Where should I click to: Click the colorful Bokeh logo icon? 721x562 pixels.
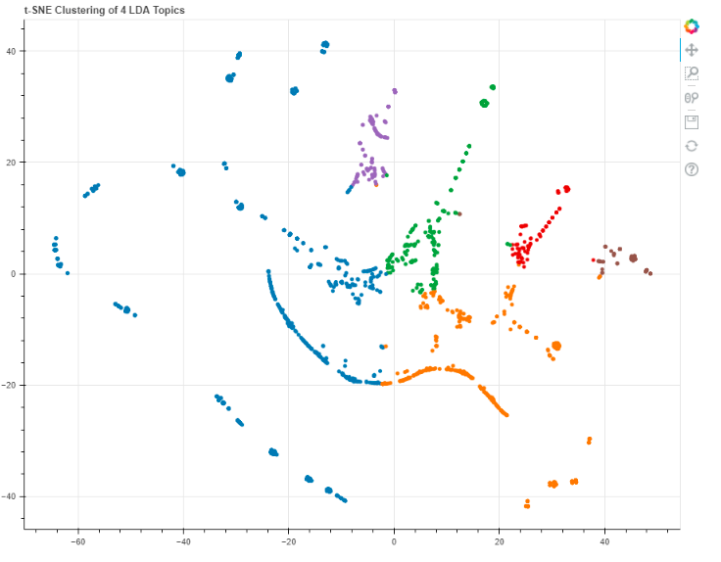[x=692, y=26]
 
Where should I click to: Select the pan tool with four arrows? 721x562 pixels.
[x=692, y=50]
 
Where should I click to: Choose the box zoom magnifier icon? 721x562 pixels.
[x=692, y=73]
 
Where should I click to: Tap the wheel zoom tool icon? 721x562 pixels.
[x=692, y=97]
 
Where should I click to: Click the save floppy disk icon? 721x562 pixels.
[x=692, y=121]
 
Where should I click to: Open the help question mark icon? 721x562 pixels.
[x=692, y=169]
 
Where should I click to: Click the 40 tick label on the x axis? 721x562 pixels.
[x=604, y=539]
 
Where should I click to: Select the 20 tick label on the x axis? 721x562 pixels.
[x=499, y=539]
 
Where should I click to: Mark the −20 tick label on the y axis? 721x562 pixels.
[x=11, y=386]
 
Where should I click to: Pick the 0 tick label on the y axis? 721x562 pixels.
[x=16, y=274]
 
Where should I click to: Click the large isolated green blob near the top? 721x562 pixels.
[x=484, y=103]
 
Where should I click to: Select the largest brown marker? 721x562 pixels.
[x=633, y=258]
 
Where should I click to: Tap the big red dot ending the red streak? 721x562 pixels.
[x=566, y=189]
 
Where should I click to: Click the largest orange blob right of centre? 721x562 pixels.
[x=556, y=346]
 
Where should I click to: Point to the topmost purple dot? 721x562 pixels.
[x=394, y=91]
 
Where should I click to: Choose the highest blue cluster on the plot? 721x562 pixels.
[x=325, y=45]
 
